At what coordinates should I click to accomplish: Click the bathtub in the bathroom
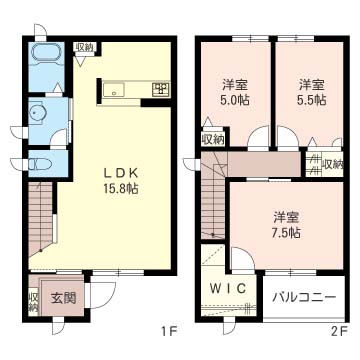(46, 52)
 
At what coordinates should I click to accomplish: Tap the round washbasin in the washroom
(35, 113)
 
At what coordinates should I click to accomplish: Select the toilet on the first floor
(40, 164)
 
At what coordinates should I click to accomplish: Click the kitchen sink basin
(114, 89)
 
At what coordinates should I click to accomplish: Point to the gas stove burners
(161, 89)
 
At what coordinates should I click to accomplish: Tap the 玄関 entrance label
(64, 298)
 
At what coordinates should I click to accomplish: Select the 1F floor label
(167, 331)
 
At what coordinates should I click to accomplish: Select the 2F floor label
(340, 331)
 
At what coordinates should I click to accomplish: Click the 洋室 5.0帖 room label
(236, 92)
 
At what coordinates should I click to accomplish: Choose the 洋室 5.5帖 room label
(312, 92)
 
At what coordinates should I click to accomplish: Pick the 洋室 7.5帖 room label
(287, 224)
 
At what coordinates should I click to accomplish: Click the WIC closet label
(229, 288)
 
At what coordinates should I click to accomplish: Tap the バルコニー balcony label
(303, 296)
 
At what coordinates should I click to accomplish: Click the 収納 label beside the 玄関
(34, 302)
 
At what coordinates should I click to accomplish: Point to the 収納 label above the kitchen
(84, 47)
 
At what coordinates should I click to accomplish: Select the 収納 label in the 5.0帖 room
(213, 140)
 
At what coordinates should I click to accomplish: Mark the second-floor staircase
(213, 197)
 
